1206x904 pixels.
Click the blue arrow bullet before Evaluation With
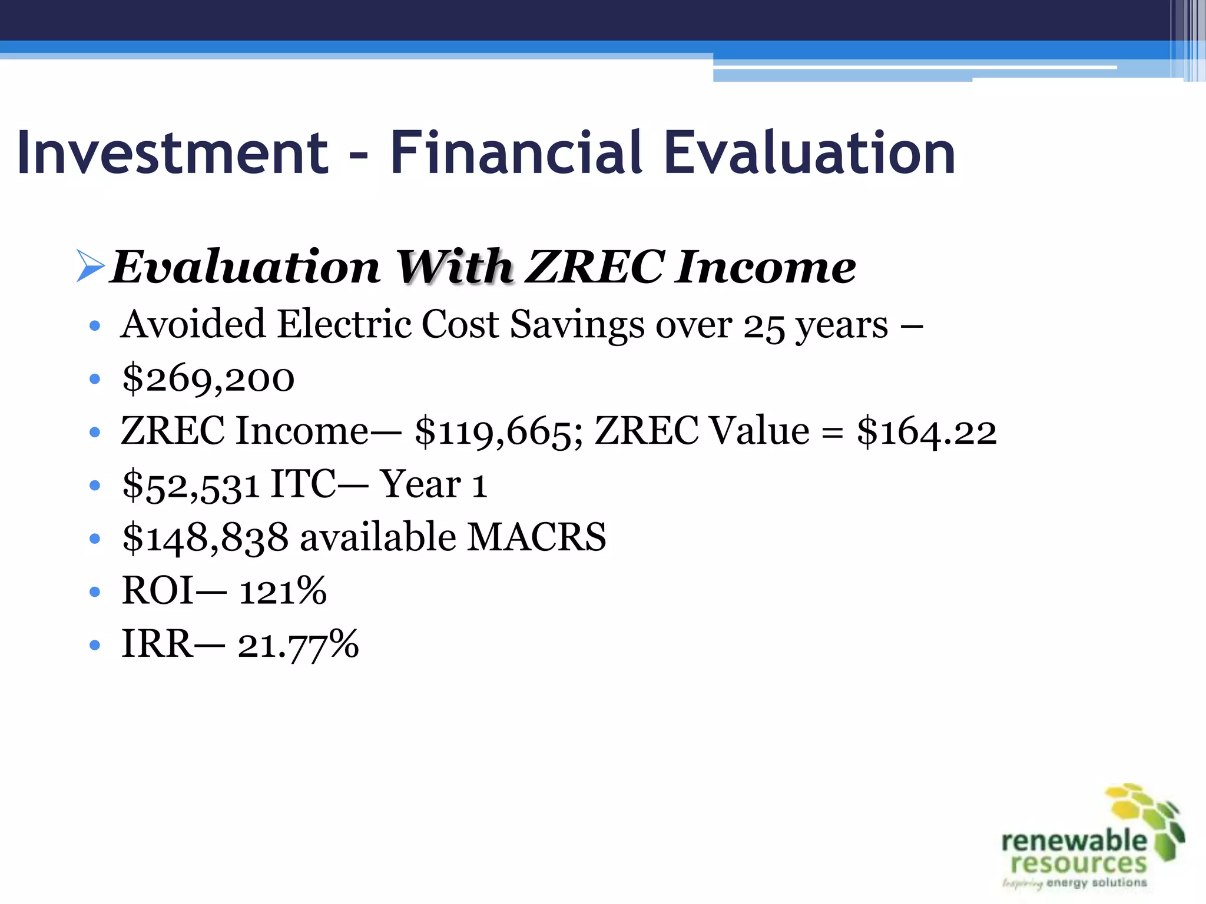[90, 266]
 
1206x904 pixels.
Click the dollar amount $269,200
[208, 378]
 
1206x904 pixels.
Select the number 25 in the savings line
[764, 326]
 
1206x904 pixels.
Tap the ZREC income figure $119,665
[493, 431]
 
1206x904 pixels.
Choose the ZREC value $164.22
[926, 431]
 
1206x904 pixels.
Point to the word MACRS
[536, 537]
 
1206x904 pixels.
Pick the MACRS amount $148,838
[206, 538]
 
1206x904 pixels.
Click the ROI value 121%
[283, 591]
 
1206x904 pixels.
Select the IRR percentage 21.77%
[298, 644]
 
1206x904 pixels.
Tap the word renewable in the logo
[1074, 840]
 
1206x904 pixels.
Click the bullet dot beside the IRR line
[95, 645]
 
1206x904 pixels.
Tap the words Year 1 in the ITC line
[433, 485]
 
